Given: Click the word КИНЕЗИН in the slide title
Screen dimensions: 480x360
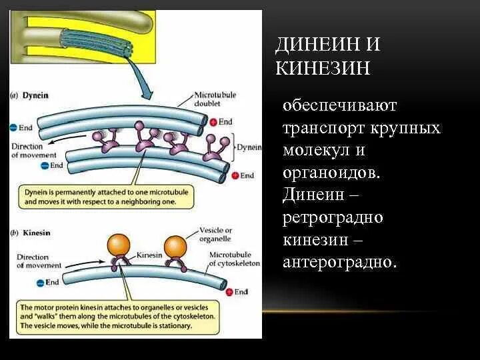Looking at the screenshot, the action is pos(323,68).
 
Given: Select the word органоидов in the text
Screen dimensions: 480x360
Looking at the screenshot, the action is pos(331,173).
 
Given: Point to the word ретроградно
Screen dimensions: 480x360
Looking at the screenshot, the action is pos(333,218).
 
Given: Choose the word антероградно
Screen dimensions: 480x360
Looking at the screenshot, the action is pos(339,263).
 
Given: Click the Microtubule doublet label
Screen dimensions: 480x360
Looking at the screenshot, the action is pos(214,98).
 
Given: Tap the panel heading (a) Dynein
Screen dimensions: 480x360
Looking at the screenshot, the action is pos(30,95).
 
